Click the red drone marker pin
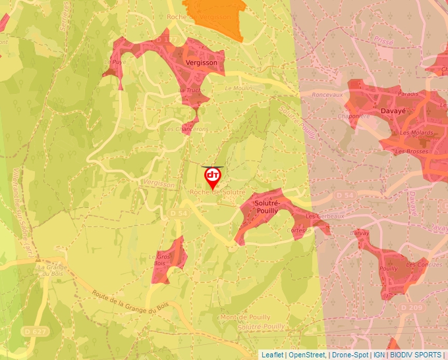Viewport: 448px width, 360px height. (213, 177)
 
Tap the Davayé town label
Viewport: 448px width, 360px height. (393, 111)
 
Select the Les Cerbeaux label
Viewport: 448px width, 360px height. (324, 216)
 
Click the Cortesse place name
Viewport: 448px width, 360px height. (299, 230)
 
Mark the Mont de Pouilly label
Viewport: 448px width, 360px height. (246, 317)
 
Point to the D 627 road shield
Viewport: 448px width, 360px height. (34, 330)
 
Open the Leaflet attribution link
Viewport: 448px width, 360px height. (272, 355)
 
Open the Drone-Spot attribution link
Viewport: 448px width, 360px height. (350, 355)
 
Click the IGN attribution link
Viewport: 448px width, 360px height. (379, 355)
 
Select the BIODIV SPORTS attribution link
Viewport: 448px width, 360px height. (415, 355)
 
